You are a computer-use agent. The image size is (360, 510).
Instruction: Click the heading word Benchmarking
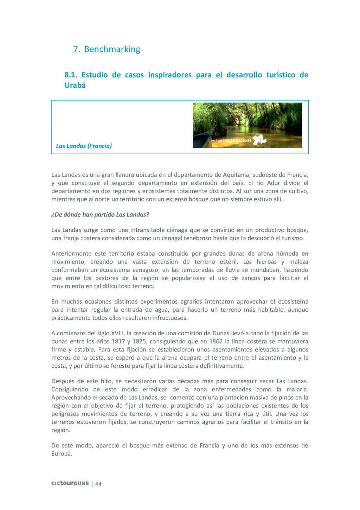point(112,49)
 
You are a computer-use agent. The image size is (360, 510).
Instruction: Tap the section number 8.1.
point(71,75)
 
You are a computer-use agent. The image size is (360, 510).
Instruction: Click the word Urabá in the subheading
point(75,85)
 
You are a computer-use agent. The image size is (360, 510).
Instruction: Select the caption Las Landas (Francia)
point(84,146)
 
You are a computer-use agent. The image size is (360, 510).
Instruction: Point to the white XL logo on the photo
point(260,140)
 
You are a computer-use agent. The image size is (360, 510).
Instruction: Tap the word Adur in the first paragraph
point(274,183)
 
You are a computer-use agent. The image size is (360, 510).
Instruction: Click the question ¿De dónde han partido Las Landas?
point(100,214)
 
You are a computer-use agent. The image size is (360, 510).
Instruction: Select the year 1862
point(216,341)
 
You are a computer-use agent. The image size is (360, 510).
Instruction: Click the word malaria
point(297,389)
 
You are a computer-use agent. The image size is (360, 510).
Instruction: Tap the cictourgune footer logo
point(70,484)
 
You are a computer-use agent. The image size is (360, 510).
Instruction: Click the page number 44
point(98,484)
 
